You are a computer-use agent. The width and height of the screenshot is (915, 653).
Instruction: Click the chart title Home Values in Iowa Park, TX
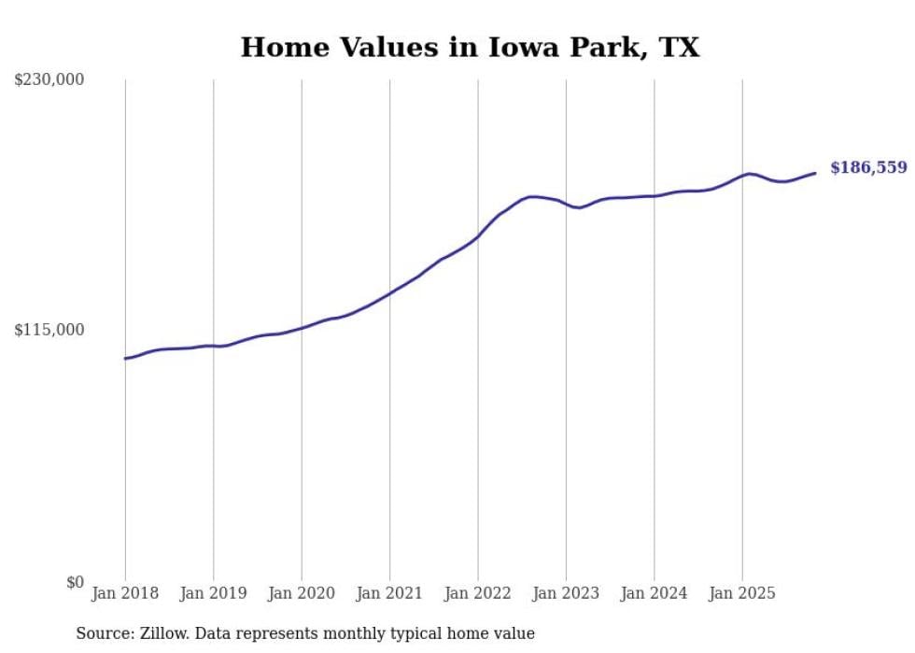tap(470, 48)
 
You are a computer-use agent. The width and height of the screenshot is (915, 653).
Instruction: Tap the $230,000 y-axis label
tap(49, 80)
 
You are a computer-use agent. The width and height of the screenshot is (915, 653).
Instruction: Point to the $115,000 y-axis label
tap(49, 330)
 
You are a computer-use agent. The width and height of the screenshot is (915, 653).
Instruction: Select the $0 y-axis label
tap(75, 582)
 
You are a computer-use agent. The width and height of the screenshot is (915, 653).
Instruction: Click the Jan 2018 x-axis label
tap(125, 593)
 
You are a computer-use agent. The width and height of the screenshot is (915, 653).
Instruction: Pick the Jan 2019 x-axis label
tap(213, 593)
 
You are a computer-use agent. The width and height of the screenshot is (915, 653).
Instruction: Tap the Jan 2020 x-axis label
tap(301, 593)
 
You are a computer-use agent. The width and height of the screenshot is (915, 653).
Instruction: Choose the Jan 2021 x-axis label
tap(389, 593)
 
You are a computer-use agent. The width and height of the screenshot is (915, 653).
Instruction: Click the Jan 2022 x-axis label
tap(477, 593)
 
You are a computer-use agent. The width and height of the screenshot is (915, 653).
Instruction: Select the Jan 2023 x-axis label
tap(566, 593)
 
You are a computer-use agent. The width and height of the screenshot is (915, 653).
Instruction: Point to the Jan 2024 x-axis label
tap(654, 593)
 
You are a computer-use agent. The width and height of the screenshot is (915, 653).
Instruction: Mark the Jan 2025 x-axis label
tap(742, 593)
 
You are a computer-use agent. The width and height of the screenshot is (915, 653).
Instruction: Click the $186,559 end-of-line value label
tap(868, 168)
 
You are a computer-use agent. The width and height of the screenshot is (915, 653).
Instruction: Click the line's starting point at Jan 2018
tap(125, 358)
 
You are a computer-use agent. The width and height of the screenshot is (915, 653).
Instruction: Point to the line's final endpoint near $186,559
tap(815, 173)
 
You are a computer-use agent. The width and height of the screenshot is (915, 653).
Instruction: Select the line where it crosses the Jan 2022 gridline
tap(478, 236)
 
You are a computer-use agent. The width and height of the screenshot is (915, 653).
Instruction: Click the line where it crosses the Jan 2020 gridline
tap(302, 328)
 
